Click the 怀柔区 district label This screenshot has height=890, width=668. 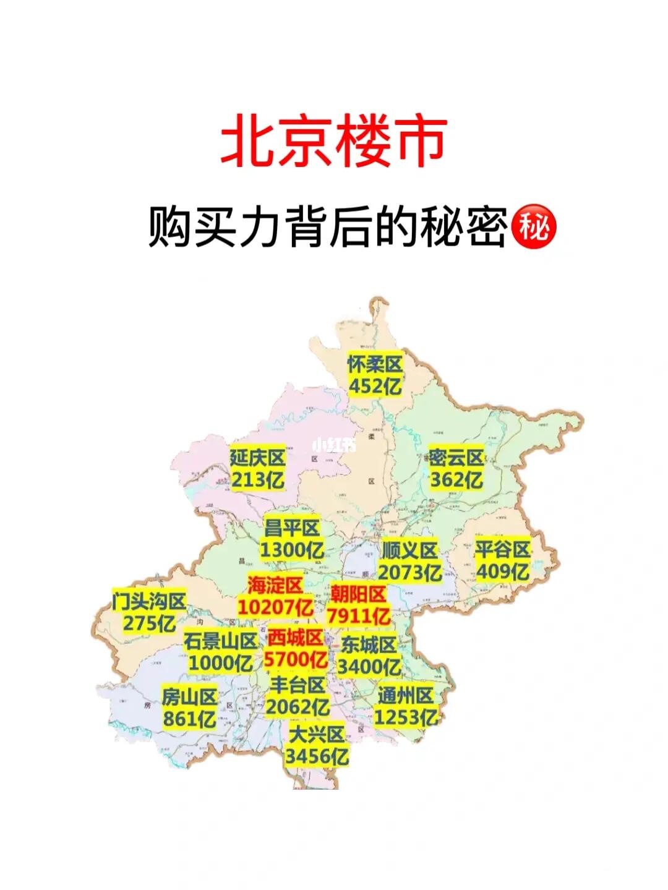point(375,364)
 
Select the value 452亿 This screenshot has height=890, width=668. point(375,387)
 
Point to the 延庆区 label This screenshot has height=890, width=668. point(257,458)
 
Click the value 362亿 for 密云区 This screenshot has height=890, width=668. point(456,480)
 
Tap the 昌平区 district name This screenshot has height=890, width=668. point(291,528)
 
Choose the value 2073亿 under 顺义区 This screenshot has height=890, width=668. point(409,572)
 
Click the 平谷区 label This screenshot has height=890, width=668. point(502,549)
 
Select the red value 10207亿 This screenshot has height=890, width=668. point(275,607)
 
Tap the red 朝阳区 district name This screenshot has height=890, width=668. point(358,594)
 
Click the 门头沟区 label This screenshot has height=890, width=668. point(149,601)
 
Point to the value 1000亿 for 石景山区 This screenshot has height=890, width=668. point(220,663)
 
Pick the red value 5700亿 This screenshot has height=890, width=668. point(296,659)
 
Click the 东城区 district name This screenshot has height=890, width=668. point(369,645)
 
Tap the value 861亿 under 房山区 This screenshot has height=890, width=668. point(189,719)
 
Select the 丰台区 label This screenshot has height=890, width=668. point(298,685)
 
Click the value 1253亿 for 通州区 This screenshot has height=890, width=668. point(406,717)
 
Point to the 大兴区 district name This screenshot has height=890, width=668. point(317,735)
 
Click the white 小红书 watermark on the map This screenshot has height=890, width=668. point(333,445)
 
